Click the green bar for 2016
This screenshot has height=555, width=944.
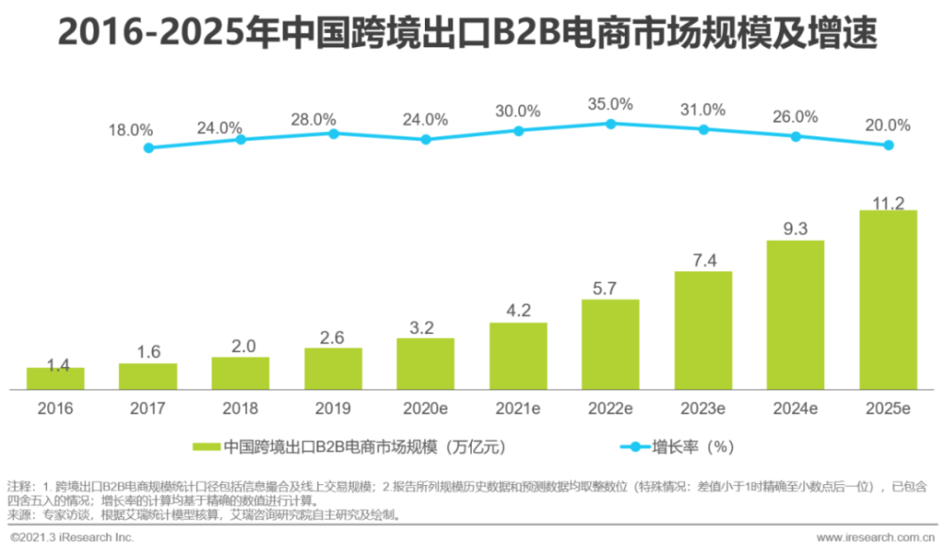click(x=55, y=378)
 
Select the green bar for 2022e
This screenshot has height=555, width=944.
click(x=611, y=345)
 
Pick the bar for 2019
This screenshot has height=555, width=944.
click(x=333, y=369)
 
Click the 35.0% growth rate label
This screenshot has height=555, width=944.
click(x=611, y=104)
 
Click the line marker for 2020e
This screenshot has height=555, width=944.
click(x=426, y=139)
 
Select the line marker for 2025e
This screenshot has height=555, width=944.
click(x=888, y=145)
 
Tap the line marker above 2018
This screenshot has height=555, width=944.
click(x=241, y=139)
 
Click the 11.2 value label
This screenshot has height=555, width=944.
click(x=888, y=203)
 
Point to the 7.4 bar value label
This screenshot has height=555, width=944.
click(x=703, y=261)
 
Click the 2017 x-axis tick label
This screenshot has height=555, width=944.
click(x=147, y=409)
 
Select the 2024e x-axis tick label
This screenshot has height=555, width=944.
click(x=796, y=409)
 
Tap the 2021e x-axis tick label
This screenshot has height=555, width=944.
click(x=518, y=409)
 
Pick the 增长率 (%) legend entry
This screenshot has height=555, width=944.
click(x=695, y=446)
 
